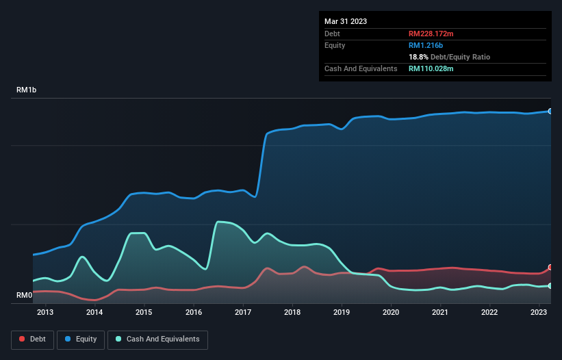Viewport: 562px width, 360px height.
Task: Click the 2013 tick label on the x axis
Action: (45, 313)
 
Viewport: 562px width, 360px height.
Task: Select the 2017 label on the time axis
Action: (243, 313)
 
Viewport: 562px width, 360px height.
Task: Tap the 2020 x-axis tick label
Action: (391, 313)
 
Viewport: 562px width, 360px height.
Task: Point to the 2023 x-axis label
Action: (539, 313)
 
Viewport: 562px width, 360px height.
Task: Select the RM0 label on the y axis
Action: (24, 296)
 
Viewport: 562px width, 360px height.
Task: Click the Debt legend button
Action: (31, 339)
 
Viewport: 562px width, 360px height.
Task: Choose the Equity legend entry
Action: (81, 339)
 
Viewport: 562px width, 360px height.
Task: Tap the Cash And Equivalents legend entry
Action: (157, 339)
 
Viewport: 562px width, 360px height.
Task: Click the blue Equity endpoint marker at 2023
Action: (550, 111)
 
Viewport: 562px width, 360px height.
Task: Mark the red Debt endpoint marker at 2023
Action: (550, 268)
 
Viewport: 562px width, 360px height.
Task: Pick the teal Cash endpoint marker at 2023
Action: (550, 285)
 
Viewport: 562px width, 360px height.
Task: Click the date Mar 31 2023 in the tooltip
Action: (346, 21)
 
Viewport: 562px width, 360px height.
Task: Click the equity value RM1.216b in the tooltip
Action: (426, 45)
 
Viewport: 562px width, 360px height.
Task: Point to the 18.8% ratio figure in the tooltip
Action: (418, 57)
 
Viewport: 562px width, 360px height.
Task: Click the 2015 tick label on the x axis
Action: (144, 313)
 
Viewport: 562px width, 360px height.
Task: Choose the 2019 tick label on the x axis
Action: (342, 313)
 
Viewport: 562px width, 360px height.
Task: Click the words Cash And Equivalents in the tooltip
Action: (361, 68)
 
